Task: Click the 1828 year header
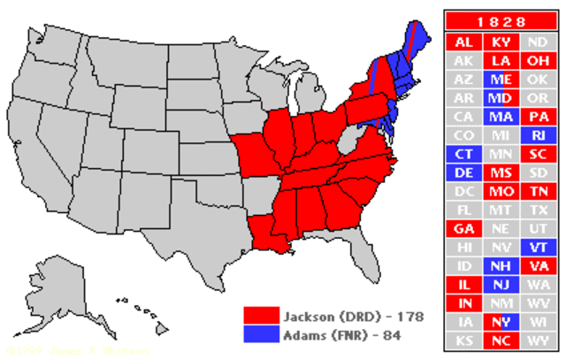(499, 20)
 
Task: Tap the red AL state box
(463, 42)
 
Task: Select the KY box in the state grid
(501, 42)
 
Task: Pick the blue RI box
(538, 135)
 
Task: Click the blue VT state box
(538, 247)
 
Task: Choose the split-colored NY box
(501, 321)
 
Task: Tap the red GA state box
(463, 228)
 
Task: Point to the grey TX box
(538, 210)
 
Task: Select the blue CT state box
(463, 154)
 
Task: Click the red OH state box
(538, 60)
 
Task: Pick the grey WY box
(538, 340)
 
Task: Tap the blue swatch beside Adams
(261, 334)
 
